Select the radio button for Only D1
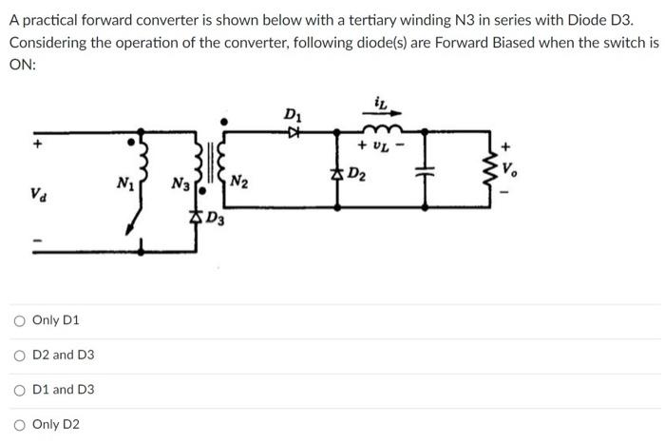coord(19,320)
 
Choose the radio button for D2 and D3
coord(19,355)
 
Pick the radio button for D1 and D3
coord(19,390)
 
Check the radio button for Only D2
coord(19,424)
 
